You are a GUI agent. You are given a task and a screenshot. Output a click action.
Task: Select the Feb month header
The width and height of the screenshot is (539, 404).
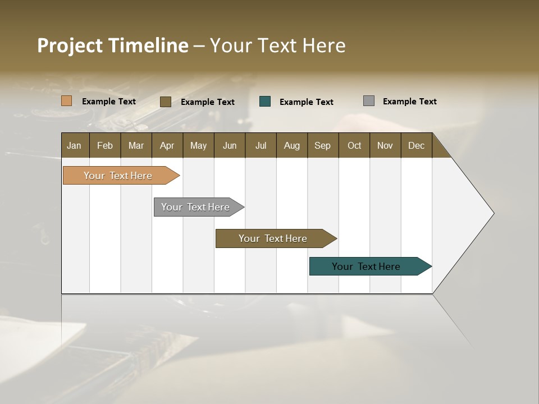(x=105, y=145)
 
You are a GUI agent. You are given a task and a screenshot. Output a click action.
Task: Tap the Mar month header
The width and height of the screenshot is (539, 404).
(x=136, y=145)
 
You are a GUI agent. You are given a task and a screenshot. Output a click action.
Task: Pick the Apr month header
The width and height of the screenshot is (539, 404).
(x=167, y=145)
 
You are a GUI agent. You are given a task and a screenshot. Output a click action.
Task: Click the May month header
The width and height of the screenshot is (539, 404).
(x=198, y=145)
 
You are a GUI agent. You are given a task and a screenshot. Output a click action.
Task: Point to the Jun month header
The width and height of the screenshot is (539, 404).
(x=230, y=145)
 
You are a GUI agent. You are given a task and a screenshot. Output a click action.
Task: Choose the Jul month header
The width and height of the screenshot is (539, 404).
(x=261, y=145)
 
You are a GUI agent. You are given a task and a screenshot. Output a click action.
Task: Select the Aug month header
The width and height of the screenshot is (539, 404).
(x=292, y=145)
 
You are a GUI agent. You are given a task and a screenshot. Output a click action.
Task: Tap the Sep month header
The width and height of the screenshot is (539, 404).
(x=323, y=145)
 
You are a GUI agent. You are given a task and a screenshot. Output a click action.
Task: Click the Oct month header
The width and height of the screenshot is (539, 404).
(x=354, y=145)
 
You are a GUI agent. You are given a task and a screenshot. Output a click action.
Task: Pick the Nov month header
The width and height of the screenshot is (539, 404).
(x=385, y=145)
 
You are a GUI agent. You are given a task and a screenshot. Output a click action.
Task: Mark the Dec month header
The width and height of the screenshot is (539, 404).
(x=417, y=145)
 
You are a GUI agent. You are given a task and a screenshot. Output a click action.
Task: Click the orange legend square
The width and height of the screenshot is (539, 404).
(x=67, y=101)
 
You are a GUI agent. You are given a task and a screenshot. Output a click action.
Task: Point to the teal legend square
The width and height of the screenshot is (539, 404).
(x=265, y=102)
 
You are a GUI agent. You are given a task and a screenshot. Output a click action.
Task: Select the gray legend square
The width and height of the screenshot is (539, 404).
(x=369, y=101)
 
